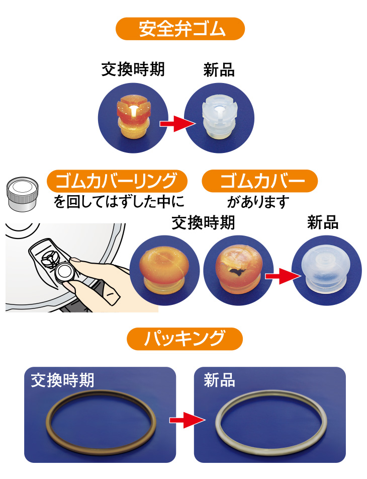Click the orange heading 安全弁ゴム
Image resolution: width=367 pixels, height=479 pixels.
pyautogui.click(x=183, y=29)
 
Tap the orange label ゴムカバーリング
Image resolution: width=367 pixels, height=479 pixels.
pyautogui.click(x=117, y=181)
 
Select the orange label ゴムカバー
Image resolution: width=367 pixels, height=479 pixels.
pyautogui.click(x=260, y=181)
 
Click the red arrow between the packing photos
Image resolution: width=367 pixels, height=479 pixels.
pyautogui.click(x=185, y=419)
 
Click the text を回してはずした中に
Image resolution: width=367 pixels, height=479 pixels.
pyautogui.click(x=119, y=202)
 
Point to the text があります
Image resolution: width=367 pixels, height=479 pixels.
pyautogui.click(x=258, y=202)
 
